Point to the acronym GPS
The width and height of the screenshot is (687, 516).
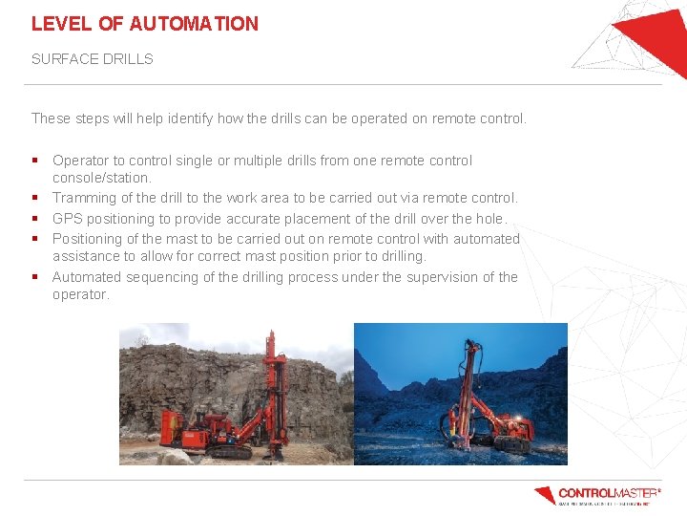click(x=67, y=219)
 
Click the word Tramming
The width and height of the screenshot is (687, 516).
click(x=84, y=198)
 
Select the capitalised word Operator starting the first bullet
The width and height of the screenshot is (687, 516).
click(x=81, y=161)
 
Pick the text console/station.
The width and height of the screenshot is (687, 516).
click(x=101, y=178)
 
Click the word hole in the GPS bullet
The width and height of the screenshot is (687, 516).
click(x=482, y=219)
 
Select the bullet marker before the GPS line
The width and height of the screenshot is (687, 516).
click(x=34, y=219)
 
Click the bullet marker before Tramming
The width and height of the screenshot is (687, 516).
click(x=34, y=198)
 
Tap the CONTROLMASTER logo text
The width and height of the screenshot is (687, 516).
click(x=608, y=493)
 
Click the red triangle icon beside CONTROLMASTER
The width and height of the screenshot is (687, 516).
click(x=545, y=495)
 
